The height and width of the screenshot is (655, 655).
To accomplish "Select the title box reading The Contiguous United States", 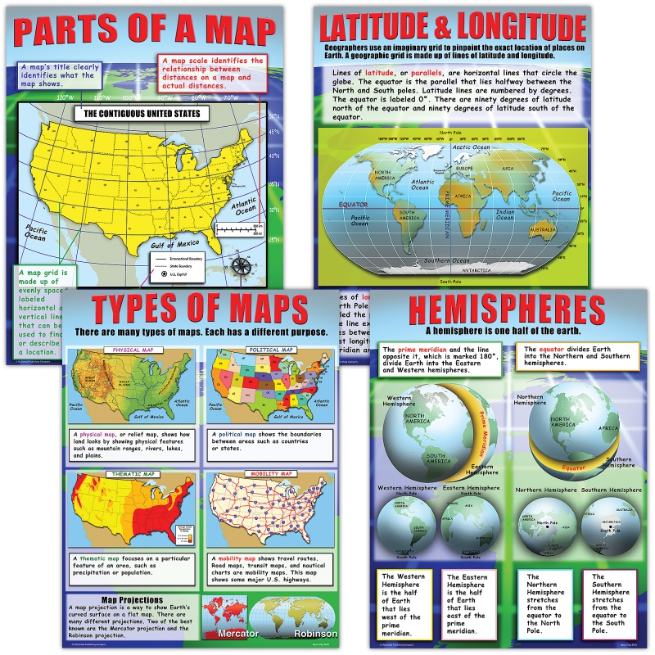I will [x=141, y=114].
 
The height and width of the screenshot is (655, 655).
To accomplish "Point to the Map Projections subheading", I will [x=132, y=600].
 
